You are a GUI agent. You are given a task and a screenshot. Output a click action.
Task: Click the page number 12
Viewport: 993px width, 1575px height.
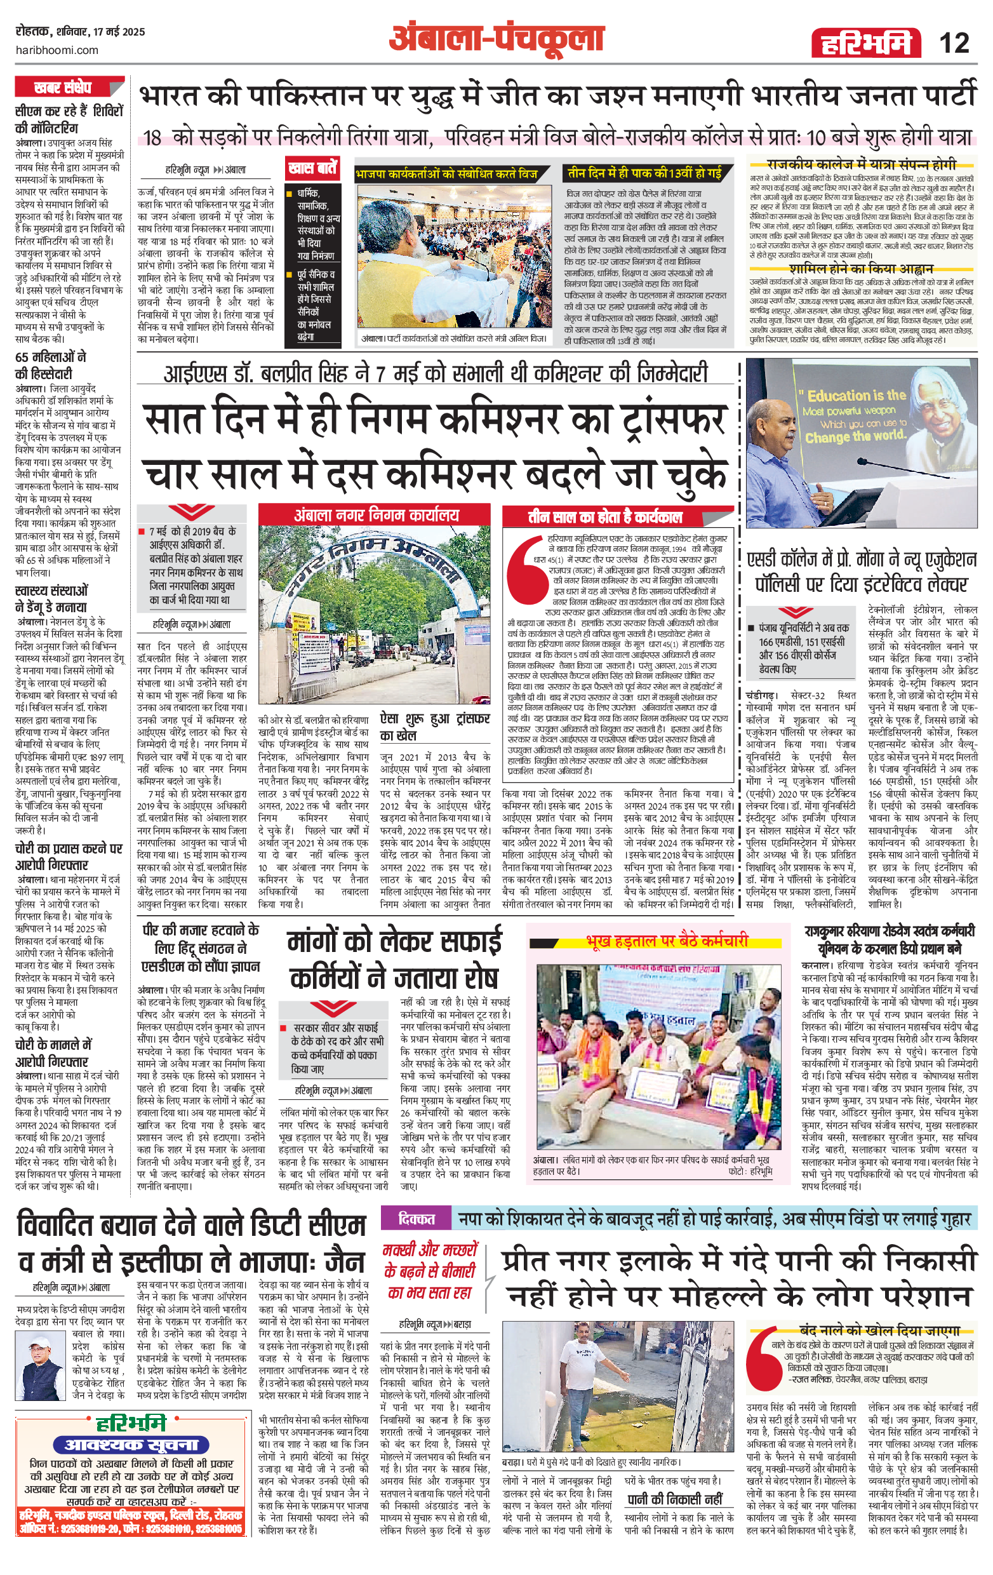point(954,43)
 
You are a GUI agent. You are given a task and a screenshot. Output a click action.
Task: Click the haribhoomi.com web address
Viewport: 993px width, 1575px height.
point(57,50)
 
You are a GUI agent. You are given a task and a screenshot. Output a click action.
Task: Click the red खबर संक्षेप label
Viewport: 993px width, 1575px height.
point(63,87)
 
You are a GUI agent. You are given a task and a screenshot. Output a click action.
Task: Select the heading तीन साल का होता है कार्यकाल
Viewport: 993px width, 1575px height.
point(604,517)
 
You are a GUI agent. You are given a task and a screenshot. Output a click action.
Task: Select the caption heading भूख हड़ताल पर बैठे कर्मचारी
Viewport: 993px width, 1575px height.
point(667,941)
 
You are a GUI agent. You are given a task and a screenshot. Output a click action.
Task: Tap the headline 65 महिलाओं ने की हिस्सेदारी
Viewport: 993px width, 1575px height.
point(51,365)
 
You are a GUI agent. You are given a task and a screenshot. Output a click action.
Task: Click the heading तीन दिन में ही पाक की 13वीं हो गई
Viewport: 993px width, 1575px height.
point(644,173)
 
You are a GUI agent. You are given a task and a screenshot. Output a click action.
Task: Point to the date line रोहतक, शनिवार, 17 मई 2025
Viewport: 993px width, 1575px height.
point(81,32)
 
